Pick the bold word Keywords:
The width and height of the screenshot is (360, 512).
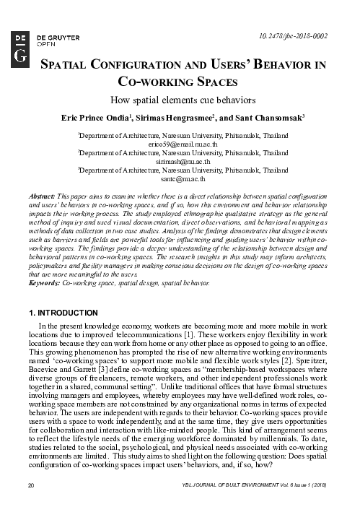tap(43, 284)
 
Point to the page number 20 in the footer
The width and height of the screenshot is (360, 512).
tap(30, 502)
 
